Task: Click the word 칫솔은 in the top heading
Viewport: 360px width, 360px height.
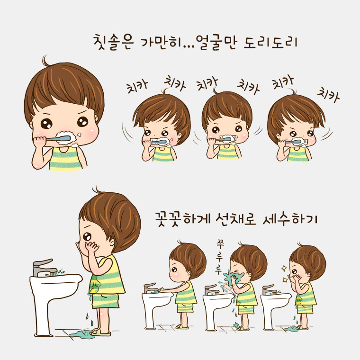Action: click(x=114, y=42)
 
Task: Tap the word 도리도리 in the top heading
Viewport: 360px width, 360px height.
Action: click(x=270, y=42)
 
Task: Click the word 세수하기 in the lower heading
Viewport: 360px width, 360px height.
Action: click(x=290, y=219)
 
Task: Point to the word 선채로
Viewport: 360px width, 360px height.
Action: click(x=236, y=219)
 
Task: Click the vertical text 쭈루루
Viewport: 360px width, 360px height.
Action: click(x=219, y=257)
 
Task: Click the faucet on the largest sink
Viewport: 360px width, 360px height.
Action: click(x=45, y=268)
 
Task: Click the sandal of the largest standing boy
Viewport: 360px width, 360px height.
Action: click(x=100, y=332)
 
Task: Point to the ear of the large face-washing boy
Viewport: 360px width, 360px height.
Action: click(x=112, y=242)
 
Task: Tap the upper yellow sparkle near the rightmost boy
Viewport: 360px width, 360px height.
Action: click(x=284, y=268)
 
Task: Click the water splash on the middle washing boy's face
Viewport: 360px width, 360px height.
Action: click(x=233, y=277)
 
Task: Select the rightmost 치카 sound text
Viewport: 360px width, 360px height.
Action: click(x=328, y=94)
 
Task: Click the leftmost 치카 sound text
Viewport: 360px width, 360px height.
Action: click(x=137, y=87)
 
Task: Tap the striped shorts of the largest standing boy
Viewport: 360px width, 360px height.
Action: click(x=106, y=301)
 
